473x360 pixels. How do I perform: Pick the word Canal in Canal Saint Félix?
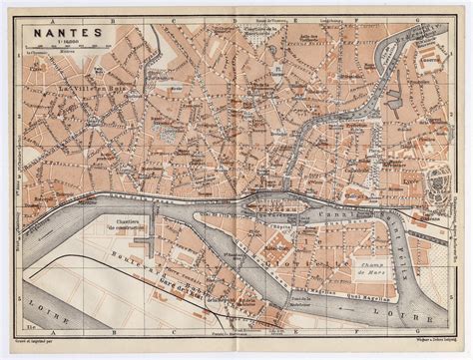click(349, 210)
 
